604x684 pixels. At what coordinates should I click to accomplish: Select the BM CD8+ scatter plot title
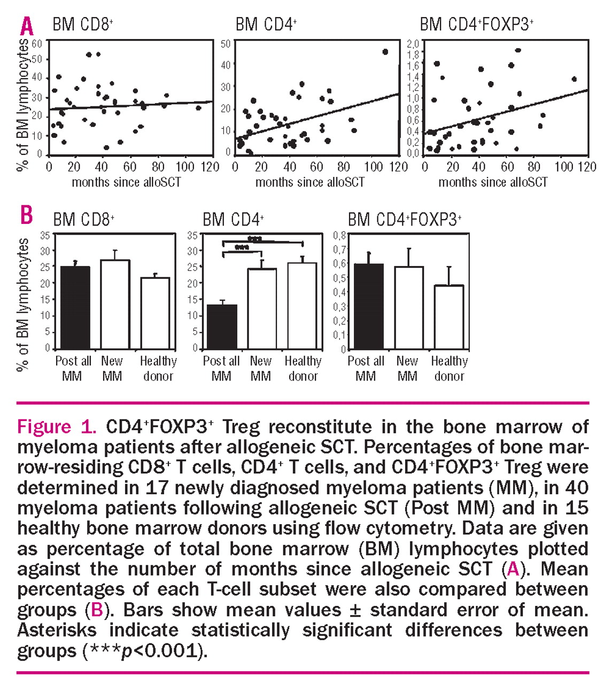point(82,24)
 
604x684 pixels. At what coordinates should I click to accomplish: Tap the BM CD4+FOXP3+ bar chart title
point(405,219)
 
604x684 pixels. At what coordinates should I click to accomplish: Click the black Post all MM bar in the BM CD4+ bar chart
point(222,327)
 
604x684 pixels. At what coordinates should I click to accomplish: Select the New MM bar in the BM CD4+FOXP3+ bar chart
point(409,308)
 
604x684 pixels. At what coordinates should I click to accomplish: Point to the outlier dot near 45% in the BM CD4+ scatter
point(385,52)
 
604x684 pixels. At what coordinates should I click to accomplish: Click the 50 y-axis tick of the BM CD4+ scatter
point(226,43)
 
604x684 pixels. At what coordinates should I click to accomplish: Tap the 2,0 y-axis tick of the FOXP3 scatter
point(413,43)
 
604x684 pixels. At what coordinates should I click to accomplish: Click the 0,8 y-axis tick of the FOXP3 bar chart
point(339,235)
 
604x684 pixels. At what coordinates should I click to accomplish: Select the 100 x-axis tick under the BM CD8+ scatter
point(185,167)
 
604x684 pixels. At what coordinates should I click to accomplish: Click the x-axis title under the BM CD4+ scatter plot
point(310,182)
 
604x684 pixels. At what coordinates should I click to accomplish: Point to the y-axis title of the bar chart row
point(23,305)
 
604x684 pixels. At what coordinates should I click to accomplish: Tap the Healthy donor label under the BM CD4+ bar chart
point(303,368)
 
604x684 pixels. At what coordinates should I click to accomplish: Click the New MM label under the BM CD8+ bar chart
point(112,368)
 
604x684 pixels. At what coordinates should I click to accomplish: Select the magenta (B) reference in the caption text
point(96,610)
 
